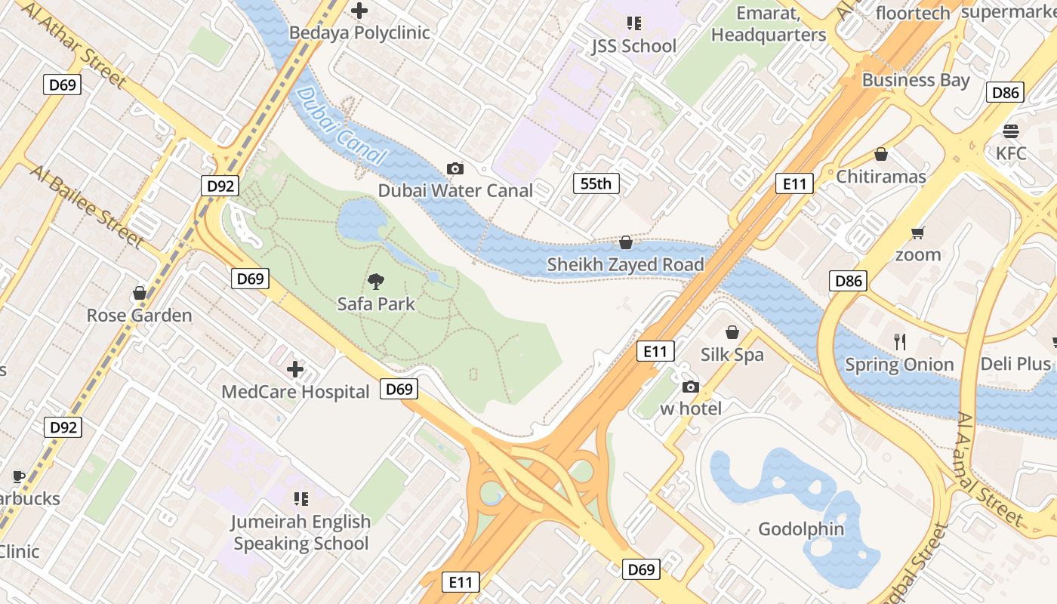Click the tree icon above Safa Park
[375, 282]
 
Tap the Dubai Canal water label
[341, 126]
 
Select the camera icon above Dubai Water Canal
[455, 168]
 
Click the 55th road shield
[596, 183]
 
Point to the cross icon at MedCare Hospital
[295, 369]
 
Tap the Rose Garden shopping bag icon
[139, 292]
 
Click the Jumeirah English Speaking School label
[300, 532]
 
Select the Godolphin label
[801, 528]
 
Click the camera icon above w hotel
[690, 387]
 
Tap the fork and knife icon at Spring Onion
[899, 342]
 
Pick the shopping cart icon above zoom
[918, 233]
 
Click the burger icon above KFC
[1011, 131]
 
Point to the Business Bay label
[916, 80]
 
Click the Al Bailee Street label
[87, 205]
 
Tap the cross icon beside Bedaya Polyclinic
[359, 11]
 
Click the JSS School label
[633, 46]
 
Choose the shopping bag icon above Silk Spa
[732, 332]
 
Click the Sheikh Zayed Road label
[625, 264]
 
